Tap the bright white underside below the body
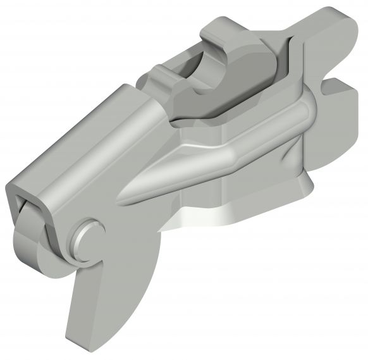coord(202,218)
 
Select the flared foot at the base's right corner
coord(304,187)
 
